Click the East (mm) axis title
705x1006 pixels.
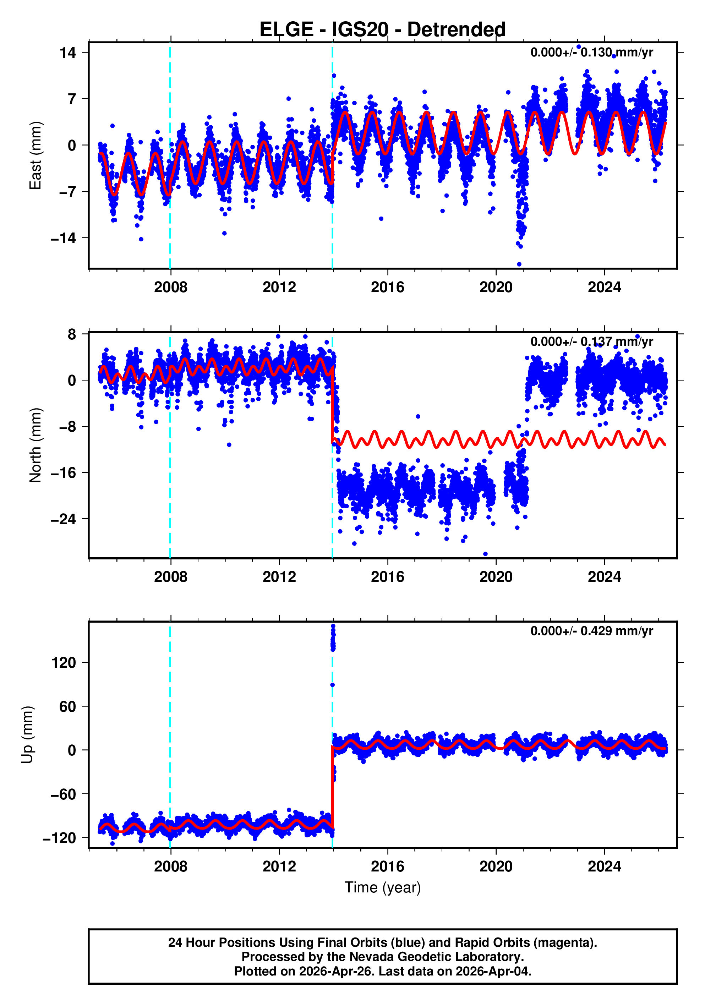[35, 155]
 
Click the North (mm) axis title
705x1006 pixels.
[35, 445]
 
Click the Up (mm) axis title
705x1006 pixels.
[27, 735]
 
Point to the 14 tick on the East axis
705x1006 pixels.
[68, 53]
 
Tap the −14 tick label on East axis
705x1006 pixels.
[64, 238]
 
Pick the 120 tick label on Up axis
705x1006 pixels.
[64, 662]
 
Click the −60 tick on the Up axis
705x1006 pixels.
[64, 794]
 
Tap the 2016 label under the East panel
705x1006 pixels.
[387, 288]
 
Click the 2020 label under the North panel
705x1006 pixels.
[496, 577]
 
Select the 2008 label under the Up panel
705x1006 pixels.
[170, 866]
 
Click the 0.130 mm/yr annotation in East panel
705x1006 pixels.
[591, 53]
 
